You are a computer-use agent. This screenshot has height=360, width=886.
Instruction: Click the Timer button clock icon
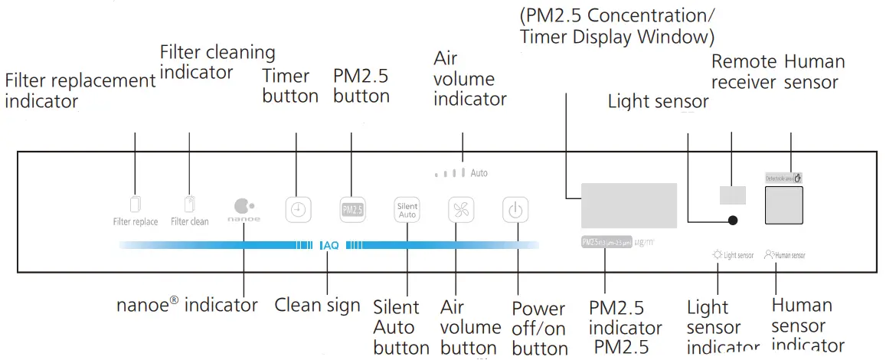299,209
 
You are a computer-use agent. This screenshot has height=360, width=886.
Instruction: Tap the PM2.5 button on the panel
352,209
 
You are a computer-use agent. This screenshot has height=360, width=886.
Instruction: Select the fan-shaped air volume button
461,209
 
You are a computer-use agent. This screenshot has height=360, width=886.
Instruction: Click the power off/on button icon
515,209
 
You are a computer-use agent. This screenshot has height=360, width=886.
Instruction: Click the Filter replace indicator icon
136,205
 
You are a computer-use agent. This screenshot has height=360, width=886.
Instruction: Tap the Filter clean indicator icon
189,205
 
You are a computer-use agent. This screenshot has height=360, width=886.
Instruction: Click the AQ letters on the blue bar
331,246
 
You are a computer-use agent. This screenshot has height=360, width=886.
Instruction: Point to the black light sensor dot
733,220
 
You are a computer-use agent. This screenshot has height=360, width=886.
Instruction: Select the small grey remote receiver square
733,195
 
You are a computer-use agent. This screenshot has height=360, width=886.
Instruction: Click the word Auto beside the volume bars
479,173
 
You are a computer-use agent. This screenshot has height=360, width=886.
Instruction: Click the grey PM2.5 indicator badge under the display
606,242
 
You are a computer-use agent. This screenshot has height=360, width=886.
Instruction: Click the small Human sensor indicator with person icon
784,255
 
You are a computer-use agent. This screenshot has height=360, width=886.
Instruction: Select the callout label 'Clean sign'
317,305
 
